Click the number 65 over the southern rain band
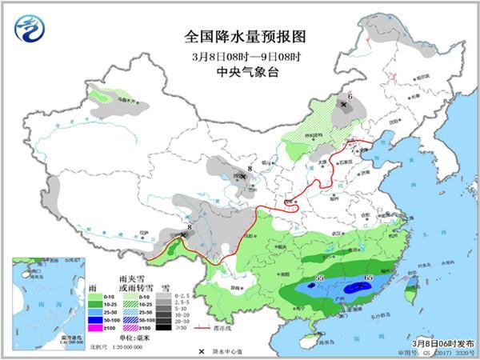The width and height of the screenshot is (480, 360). pos(367,278)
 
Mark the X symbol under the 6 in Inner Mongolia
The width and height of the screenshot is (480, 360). pos(344,105)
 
